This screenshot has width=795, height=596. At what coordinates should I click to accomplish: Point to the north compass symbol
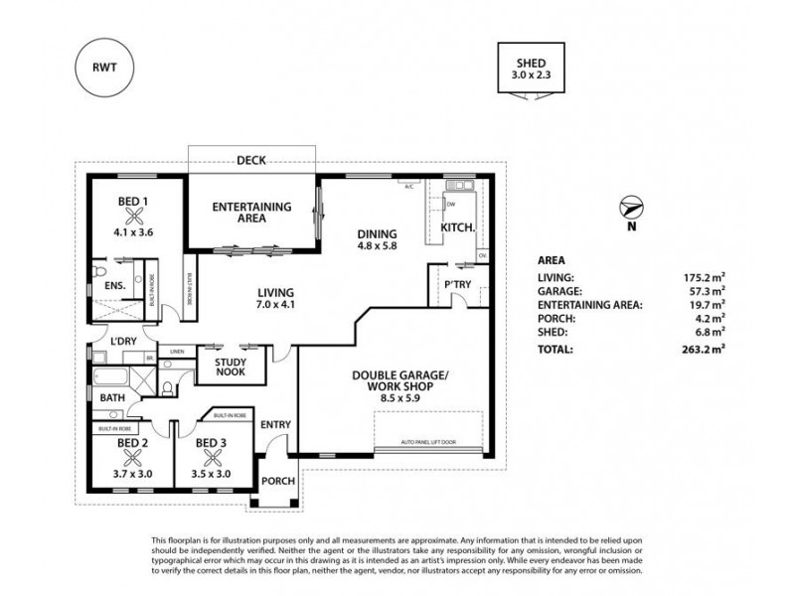coord(629,210)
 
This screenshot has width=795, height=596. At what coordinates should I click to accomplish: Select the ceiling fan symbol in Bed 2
coord(131,458)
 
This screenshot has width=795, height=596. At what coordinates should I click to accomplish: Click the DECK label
coord(250,159)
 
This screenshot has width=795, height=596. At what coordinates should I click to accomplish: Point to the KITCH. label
coord(457,227)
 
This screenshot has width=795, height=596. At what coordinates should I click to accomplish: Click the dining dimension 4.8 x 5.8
coord(378,250)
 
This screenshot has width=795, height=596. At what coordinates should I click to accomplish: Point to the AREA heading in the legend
coord(552,260)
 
